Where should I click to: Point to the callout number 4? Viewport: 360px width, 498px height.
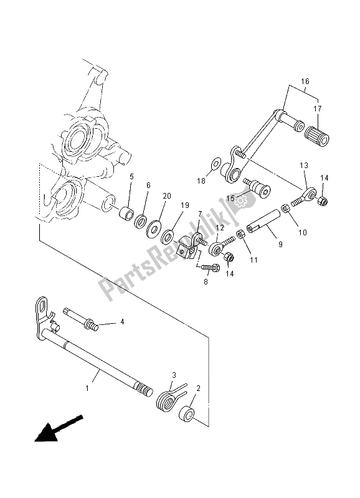click(122, 322)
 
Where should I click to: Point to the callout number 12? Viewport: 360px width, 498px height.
click(219, 228)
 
